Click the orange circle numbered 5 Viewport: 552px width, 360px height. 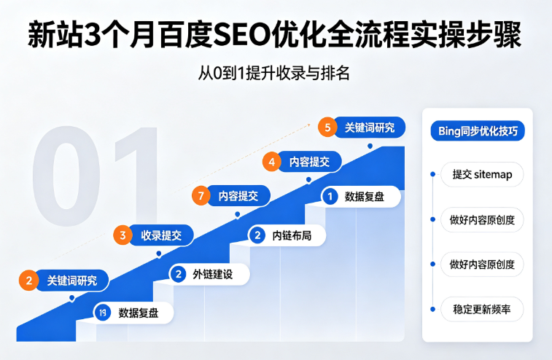(327, 127)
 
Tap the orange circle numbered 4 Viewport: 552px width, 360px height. (272, 162)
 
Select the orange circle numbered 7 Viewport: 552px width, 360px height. (201, 195)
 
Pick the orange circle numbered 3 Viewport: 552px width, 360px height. (123, 235)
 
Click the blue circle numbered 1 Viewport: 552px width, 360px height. (330, 196)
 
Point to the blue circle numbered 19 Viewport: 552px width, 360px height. (102, 313)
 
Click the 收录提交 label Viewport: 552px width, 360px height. (161, 235)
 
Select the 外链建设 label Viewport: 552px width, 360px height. (213, 274)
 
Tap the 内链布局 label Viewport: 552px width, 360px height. (292, 235)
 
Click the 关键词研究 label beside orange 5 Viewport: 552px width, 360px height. (369, 128)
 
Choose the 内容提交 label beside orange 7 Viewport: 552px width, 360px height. (238, 196)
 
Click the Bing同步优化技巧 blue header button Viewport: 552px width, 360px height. (478, 131)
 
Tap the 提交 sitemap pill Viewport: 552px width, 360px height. (482, 174)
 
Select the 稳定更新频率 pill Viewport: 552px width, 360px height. (482, 309)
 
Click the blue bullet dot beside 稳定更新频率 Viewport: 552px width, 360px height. (432, 309)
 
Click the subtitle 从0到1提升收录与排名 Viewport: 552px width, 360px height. (274, 73)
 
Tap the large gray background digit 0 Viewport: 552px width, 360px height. (66, 175)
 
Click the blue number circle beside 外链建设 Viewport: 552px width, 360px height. (179, 274)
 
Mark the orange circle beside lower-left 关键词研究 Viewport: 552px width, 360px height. (29, 281)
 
